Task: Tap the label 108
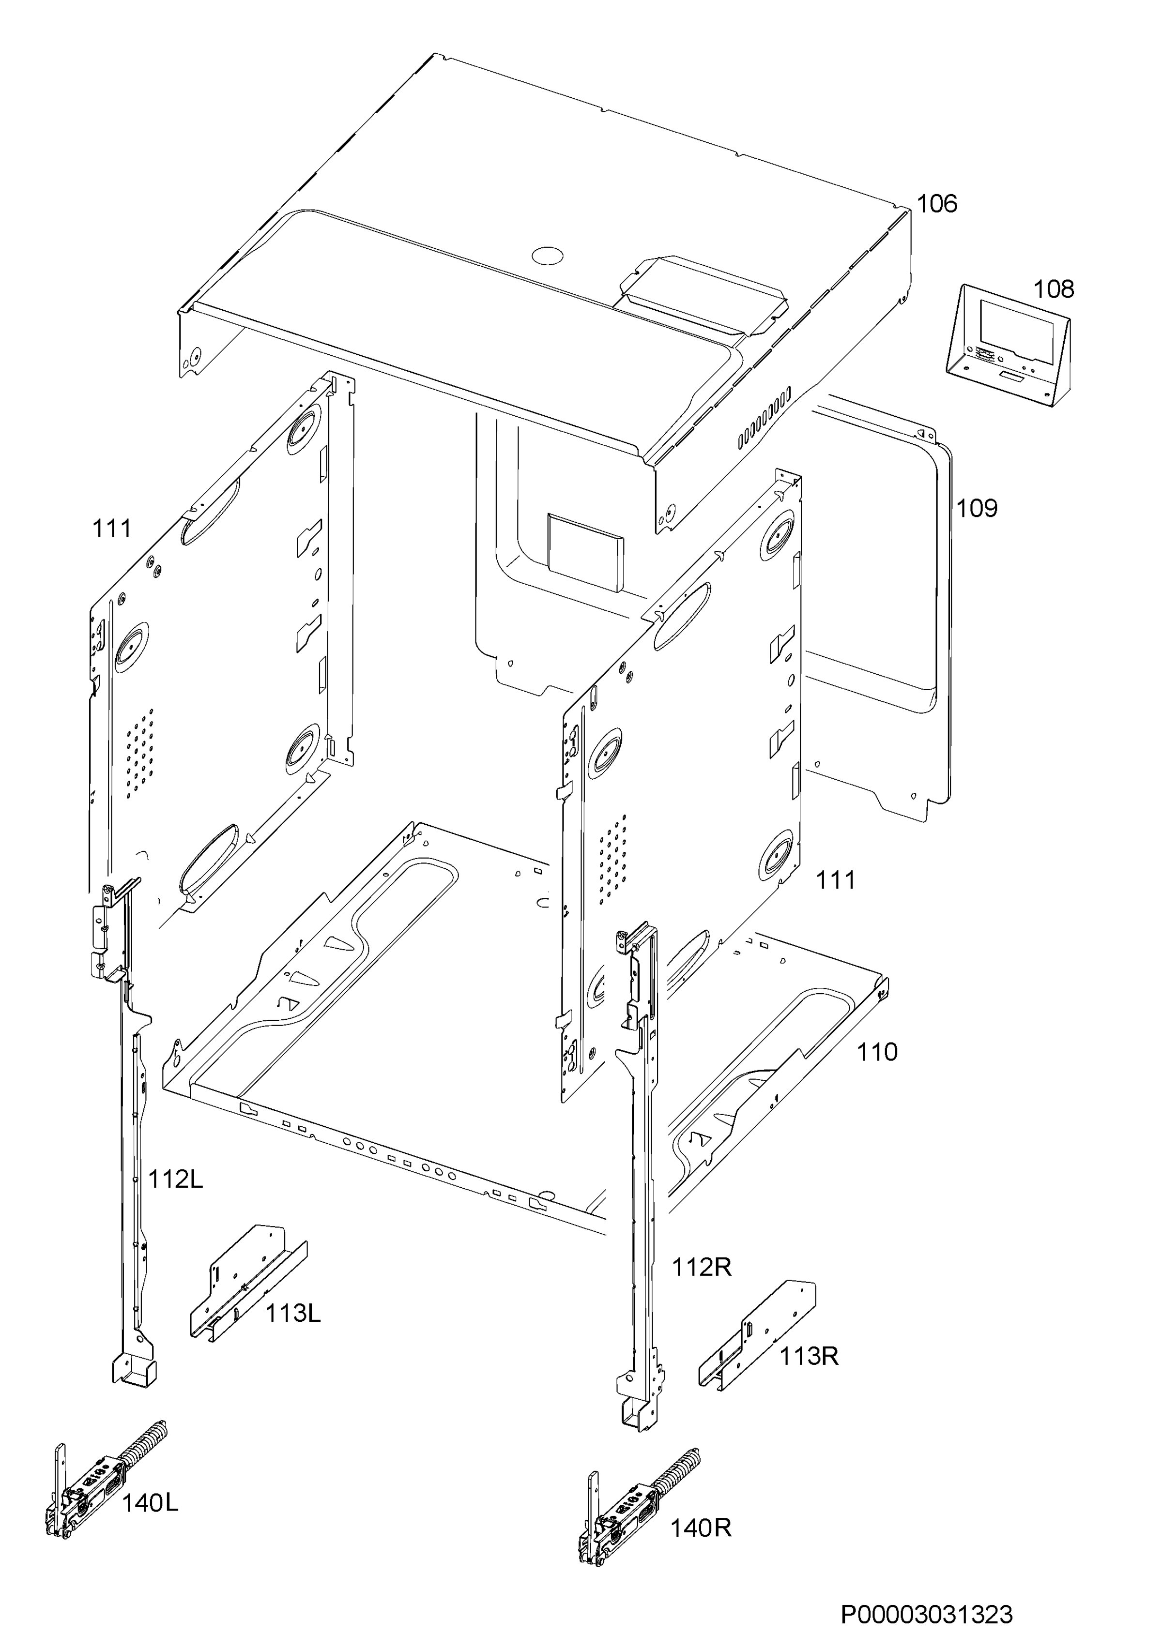click(x=1054, y=289)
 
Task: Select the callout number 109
click(x=977, y=509)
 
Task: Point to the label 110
click(x=877, y=1053)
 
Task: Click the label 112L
click(x=175, y=1180)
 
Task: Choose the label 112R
click(x=702, y=1268)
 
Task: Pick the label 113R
click(x=809, y=1357)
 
